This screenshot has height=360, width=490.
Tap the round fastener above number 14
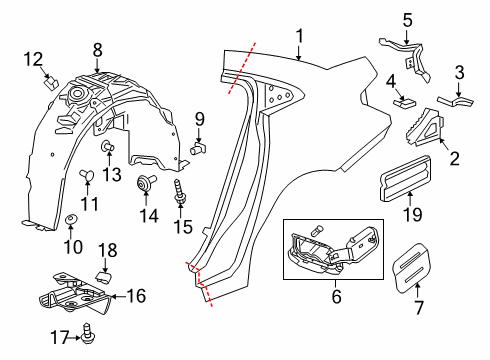click(149, 181)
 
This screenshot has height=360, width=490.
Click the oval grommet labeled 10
click(71, 219)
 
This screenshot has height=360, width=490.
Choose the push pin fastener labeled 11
click(85, 177)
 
